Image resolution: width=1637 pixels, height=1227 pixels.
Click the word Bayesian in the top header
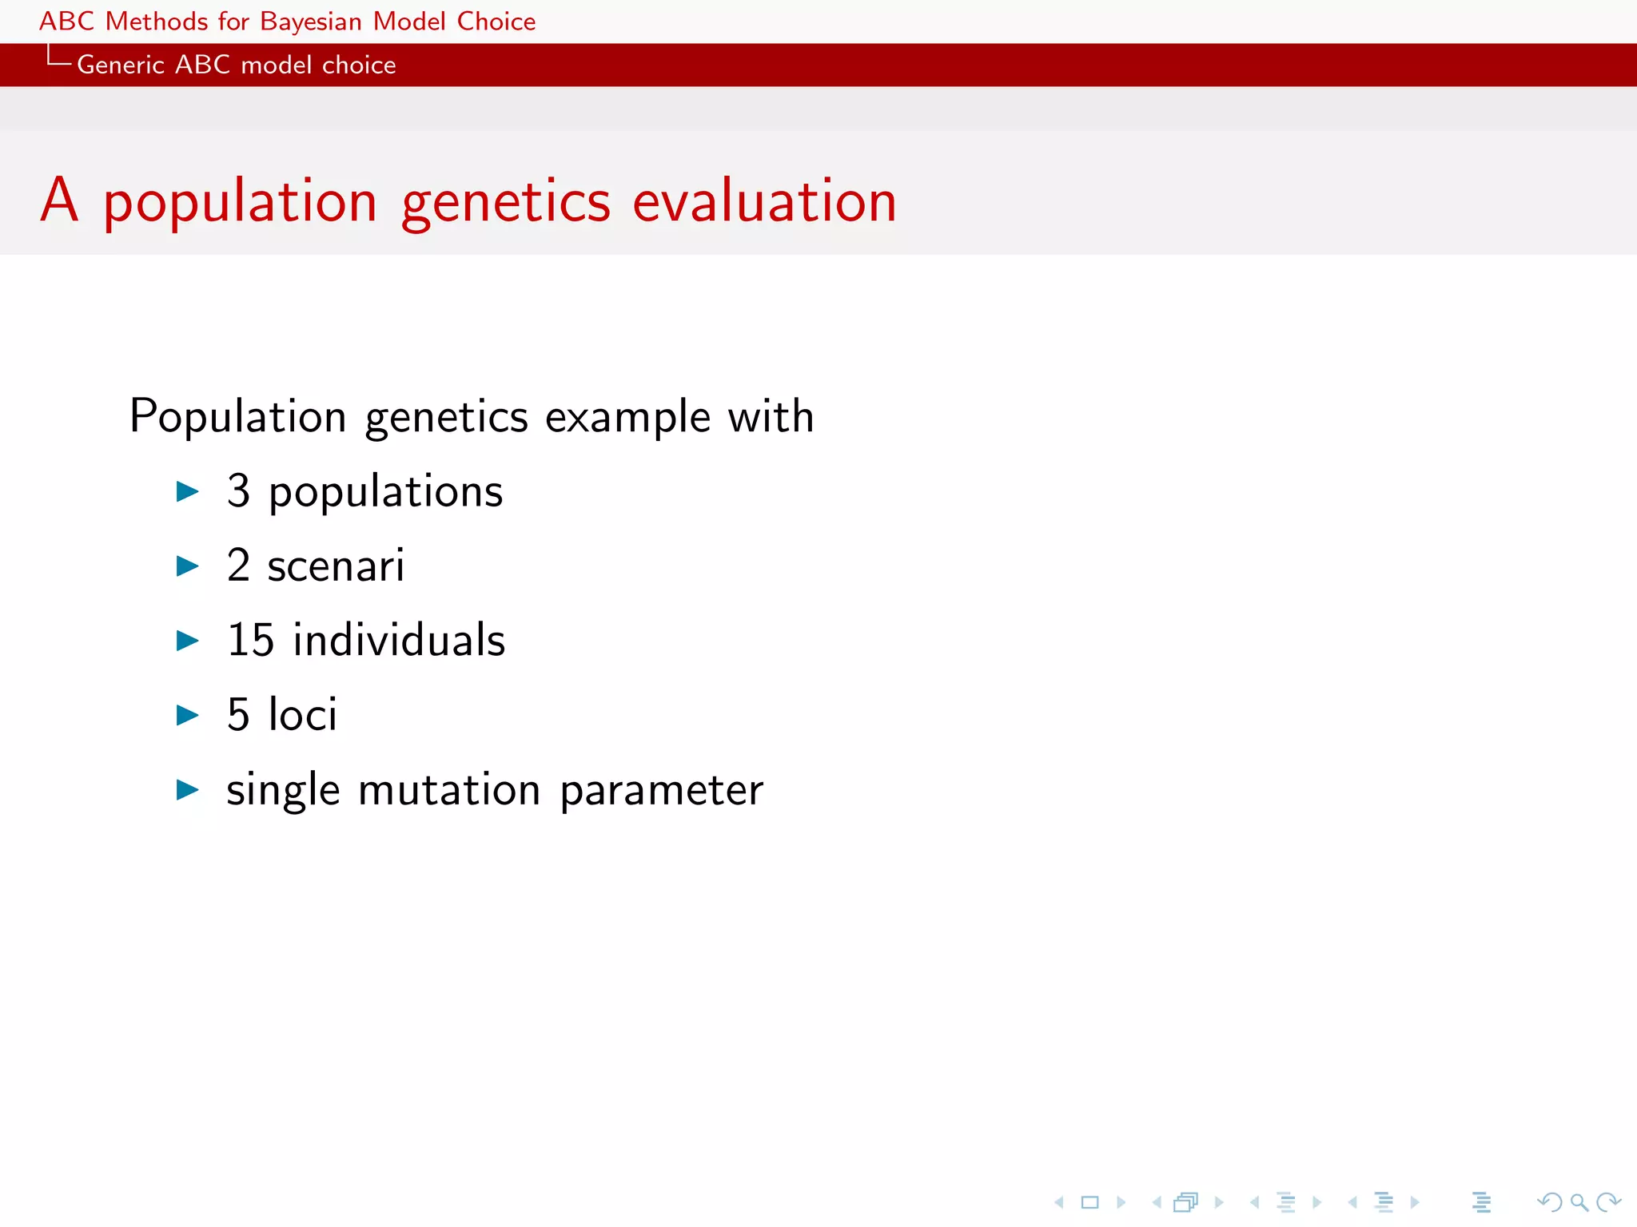tap(311, 22)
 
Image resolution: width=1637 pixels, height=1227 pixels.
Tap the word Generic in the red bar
tap(120, 65)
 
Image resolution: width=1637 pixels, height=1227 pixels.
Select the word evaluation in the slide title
tap(764, 201)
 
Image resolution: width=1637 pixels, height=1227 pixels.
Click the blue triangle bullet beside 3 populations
tap(187, 491)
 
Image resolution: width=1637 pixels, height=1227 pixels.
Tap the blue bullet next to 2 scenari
tap(187, 566)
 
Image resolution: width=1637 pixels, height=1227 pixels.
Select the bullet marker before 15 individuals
tap(187, 641)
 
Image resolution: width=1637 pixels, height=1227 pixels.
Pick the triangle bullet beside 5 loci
tap(187, 715)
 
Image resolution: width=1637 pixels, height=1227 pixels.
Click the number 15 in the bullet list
tap(250, 641)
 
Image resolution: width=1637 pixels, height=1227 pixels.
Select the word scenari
tap(336, 566)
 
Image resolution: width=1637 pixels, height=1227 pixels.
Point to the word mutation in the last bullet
tap(449, 790)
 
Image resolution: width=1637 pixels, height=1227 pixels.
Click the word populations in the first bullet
tap(385, 492)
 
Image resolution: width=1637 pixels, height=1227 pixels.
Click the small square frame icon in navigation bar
tap(1089, 1202)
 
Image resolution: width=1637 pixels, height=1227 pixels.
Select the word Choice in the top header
tap(496, 22)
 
